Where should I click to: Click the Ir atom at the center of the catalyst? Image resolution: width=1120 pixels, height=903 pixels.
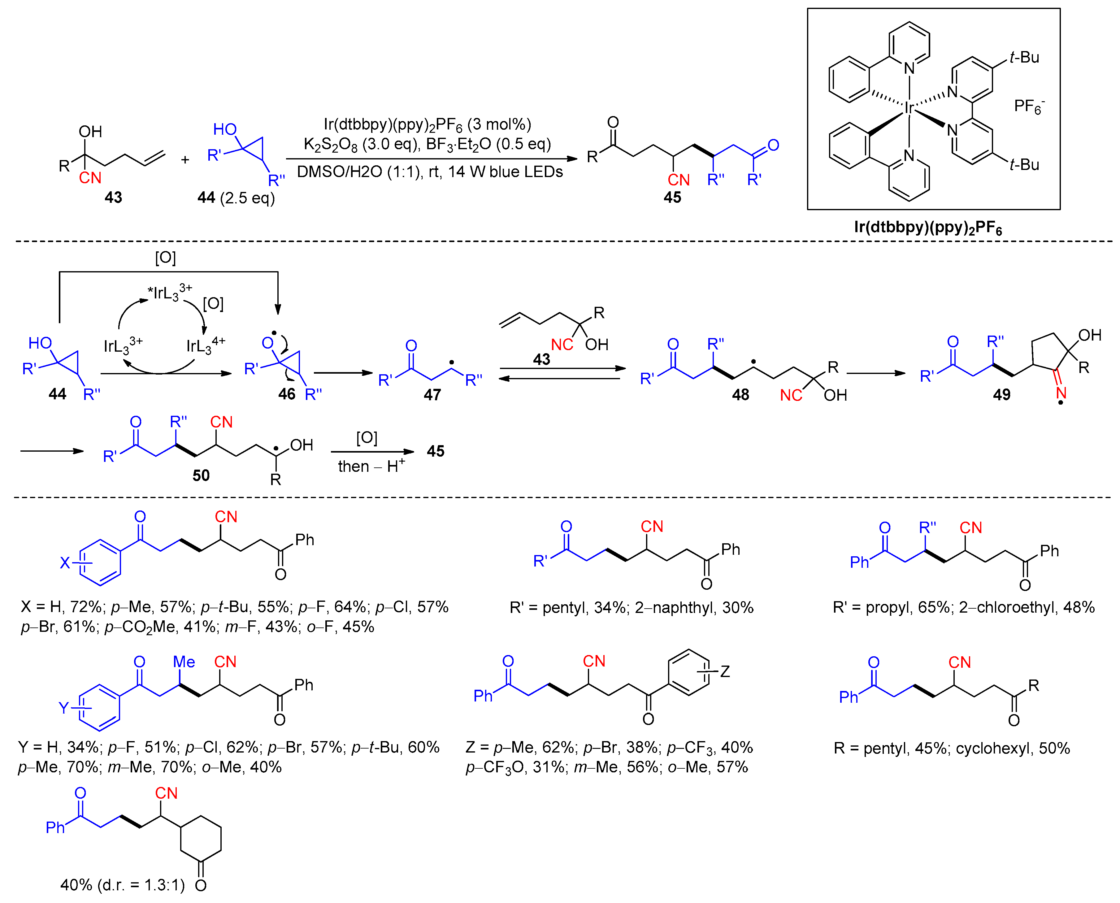click(908, 108)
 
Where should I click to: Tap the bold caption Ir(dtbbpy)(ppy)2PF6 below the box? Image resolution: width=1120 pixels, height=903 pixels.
click(927, 228)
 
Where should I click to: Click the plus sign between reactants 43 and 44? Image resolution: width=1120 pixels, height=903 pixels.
click(185, 160)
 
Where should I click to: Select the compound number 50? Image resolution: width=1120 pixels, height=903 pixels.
click(201, 475)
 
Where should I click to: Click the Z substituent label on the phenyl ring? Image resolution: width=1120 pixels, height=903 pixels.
click(725, 671)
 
